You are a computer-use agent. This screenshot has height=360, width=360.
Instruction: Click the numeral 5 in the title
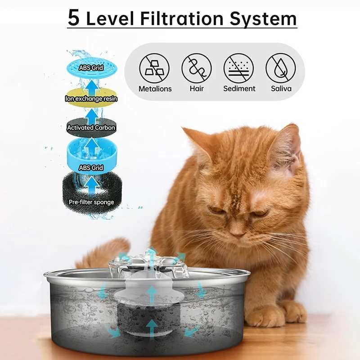tap(74, 18)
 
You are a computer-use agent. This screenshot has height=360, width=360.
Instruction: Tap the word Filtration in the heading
tap(182, 18)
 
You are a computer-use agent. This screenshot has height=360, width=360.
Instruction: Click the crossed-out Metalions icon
tap(154, 68)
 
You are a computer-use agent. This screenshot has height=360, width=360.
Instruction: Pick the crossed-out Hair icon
tap(197, 68)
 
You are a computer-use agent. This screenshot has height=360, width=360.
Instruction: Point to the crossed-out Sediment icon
tap(238, 68)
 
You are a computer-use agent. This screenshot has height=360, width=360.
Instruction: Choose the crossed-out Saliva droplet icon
tap(280, 68)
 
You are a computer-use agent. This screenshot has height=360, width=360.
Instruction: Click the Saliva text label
tap(281, 89)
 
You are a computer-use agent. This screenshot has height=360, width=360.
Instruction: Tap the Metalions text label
tap(155, 89)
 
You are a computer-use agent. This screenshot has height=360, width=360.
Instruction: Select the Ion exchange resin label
tap(91, 99)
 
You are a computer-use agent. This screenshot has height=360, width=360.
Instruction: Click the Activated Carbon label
tap(91, 128)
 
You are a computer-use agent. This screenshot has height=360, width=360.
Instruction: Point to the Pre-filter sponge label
tap(91, 202)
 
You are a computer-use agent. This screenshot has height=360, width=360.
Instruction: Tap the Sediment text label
tap(239, 89)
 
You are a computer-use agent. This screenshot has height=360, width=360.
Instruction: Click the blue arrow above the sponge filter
tap(92, 185)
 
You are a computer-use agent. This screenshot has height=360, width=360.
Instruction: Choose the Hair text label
tap(197, 89)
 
